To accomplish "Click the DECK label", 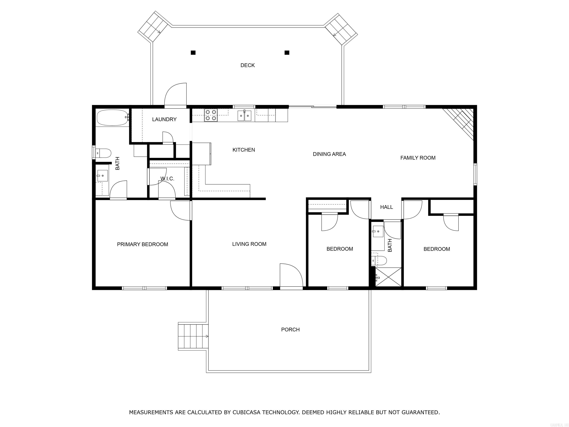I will pyautogui.click(x=247, y=65).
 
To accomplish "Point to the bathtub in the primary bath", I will pyautogui.click(x=112, y=118).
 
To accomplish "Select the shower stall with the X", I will pyautogui.click(x=388, y=277).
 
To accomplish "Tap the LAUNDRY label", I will pyautogui.click(x=164, y=119).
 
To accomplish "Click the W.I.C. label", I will pyautogui.click(x=167, y=179).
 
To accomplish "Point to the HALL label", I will pyautogui.click(x=386, y=207).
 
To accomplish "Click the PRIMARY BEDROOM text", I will pyautogui.click(x=142, y=244).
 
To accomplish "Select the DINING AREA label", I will pyautogui.click(x=329, y=154).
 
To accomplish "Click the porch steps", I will pyautogui.click(x=193, y=336).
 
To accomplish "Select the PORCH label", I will pyautogui.click(x=290, y=330).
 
